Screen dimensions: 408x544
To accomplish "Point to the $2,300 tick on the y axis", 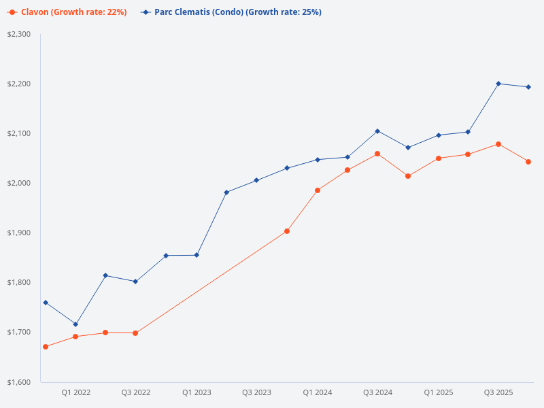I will click(19, 34).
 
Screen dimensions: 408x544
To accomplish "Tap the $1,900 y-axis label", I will click(19, 233).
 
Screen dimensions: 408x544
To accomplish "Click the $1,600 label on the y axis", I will click(19, 381).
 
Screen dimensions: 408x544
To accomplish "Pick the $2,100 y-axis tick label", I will click(19, 133).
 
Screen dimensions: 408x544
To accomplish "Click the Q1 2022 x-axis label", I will click(75, 392).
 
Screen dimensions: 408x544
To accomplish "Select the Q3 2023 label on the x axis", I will click(256, 392).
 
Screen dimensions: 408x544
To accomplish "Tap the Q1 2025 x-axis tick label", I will click(438, 392).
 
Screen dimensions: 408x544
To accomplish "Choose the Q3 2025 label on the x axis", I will click(498, 392).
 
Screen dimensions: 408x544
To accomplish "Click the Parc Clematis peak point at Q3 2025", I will click(498, 84).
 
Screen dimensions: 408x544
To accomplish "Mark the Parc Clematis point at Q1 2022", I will click(75, 324).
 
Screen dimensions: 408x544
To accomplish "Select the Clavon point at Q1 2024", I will click(318, 190).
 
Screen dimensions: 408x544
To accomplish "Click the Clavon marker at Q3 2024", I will click(377, 154).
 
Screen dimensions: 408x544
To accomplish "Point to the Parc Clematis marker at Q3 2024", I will click(377, 131).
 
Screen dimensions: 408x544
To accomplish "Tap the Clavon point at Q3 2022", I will click(135, 333).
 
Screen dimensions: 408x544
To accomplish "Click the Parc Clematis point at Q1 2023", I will click(197, 255).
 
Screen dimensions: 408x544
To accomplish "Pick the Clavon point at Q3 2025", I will click(498, 144).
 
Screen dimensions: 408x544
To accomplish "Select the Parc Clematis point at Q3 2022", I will click(135, 282).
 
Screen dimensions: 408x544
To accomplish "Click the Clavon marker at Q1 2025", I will click(439, 158).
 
